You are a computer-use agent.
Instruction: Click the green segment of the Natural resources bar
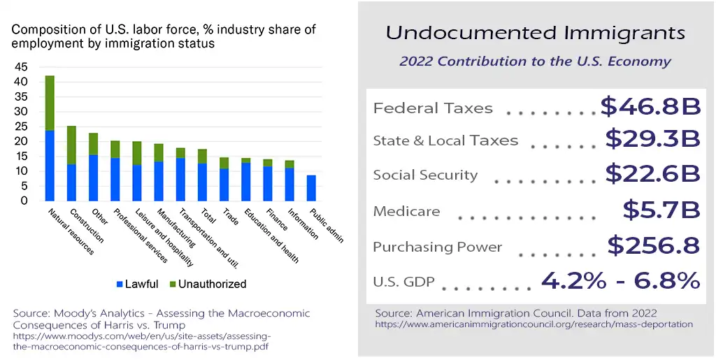point(50,103)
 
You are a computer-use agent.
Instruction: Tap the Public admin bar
point(311,188)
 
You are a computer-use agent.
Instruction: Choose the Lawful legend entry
point(138,284)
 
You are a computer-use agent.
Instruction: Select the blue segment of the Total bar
point(202,182)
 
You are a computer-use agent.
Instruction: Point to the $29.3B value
point(652,138)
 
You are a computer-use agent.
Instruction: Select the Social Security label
point(425,175)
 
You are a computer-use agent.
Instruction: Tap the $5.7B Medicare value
point(661,209)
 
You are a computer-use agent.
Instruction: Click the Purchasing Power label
point(438,247)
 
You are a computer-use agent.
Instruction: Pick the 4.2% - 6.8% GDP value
point(620,280)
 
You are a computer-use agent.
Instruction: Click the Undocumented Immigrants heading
point(536,33)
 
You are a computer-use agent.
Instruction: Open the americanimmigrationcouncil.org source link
point(534,324)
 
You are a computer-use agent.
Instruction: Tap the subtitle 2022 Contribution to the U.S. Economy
point(535,61)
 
